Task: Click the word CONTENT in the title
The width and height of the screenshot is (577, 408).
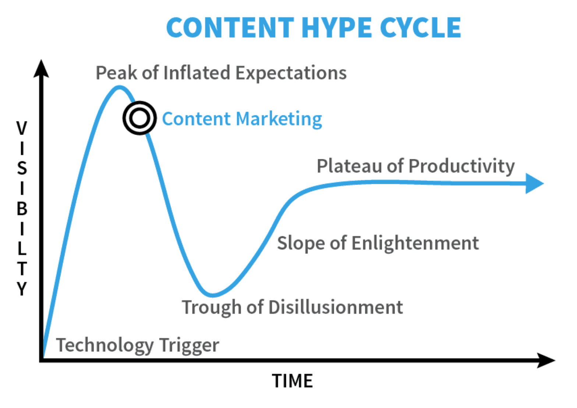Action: click(x=230, y=28)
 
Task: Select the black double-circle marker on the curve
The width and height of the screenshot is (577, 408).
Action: click(x=139, y=118)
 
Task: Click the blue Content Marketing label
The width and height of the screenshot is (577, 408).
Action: click(x=242, y=119)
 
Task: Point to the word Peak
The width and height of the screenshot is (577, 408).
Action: click(x=116, y=73)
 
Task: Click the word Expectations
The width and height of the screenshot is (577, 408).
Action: click(x=291, y=73)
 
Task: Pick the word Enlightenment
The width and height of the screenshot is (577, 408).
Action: click(x=415, y=243)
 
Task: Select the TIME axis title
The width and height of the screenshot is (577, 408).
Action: click(x=293, y=381)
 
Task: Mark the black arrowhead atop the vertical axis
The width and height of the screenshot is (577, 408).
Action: click(x=41, y=69)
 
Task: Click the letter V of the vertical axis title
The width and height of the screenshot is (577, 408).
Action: click(x=22, y=129)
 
